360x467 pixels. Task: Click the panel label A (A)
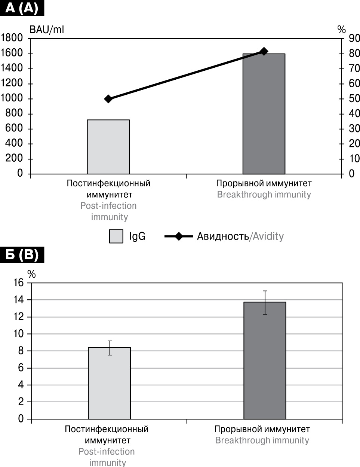coord(22,8)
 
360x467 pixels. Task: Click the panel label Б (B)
coord(22,255)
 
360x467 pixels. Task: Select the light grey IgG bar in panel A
coord(108,147)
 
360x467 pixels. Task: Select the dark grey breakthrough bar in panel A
coord(264,114)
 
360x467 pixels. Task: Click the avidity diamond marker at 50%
coord(108,99)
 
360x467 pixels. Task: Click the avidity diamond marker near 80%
coord(264,52)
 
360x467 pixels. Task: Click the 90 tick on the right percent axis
coord(354,38)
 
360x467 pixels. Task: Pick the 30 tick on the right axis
coord(354,129)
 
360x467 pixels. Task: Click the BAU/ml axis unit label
coord(47,30)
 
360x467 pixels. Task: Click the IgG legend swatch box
coord(116,236)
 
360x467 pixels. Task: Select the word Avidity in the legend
coord(268,236)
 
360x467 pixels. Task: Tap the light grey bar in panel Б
coord(110,383)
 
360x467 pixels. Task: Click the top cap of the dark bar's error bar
coord(265,291)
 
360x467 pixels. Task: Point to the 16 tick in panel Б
coord(18,283)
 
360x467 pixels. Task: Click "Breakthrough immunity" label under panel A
coord(264,195)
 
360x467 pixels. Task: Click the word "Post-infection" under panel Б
coord(107,452)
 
